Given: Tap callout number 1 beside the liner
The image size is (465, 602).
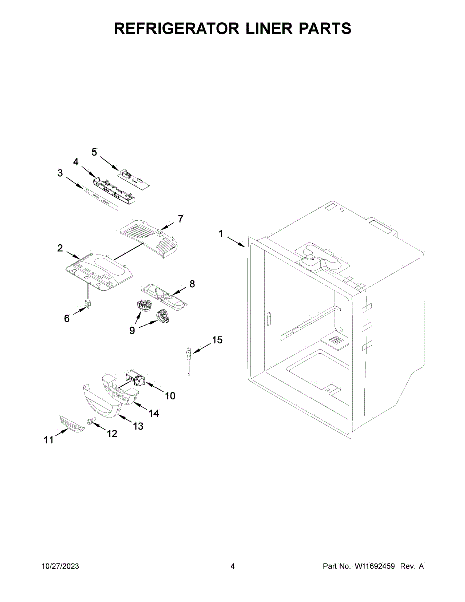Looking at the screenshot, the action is (220, 233).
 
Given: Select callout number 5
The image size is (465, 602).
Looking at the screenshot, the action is (94, 152).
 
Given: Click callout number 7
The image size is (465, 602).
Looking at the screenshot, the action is (180, 219).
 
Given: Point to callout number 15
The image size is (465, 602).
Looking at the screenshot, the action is (217, 340).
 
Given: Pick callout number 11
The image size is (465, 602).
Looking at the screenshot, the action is (48, 440).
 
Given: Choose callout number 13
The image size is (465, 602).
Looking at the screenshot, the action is (138, 426).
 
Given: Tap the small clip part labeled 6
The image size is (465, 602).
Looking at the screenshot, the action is (88, 305).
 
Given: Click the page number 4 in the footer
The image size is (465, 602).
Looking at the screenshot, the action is (232, 566).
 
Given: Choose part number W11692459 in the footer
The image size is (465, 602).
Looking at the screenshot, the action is (376, 566).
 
